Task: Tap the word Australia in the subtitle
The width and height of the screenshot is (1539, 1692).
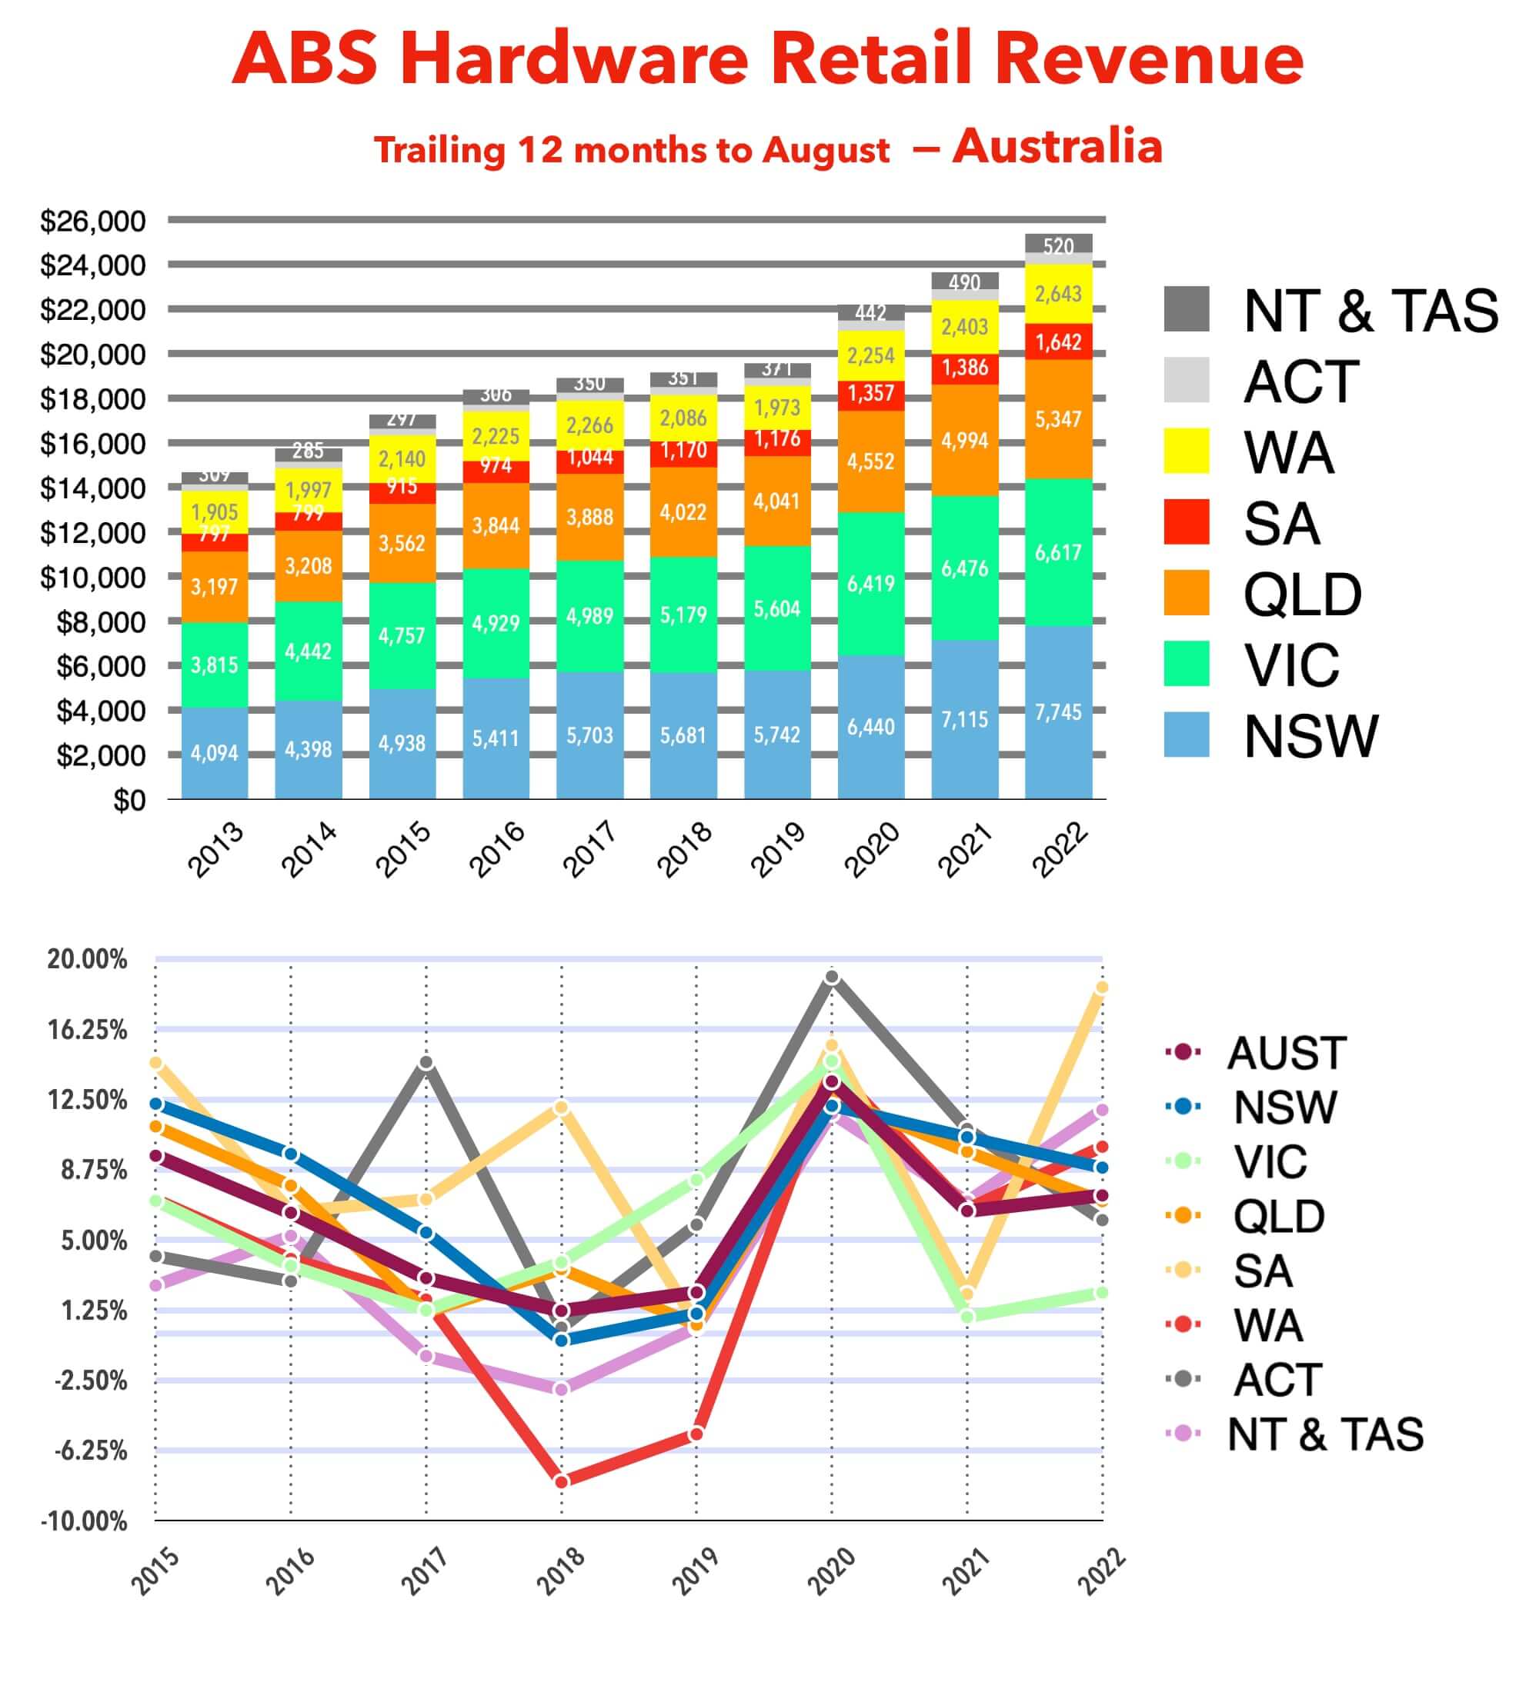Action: pyautogui.click(x=1057, y=146)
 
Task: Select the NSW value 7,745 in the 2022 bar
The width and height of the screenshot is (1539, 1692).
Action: pyautogui.click(x=1058, y=712)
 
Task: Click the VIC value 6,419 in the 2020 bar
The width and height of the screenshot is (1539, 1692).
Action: pyautogui.click(x=870, y=583)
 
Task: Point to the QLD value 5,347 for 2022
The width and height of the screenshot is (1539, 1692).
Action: pyautogui.click(x=1058, y=419)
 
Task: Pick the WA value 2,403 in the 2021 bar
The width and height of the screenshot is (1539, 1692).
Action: pyautogui.click(x=964, y=327)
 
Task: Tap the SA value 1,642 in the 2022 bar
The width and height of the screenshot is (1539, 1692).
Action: pyautogui.click(x=1058, y=342)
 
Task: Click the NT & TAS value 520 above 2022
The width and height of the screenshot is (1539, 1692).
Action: pyautogui.click(x=1058, y=246)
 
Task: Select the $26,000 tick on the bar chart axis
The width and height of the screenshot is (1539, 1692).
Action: pyautogui.click(x=92, y=221)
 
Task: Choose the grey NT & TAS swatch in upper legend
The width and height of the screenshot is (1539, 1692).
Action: pyautogui.click(x=1187, y=309)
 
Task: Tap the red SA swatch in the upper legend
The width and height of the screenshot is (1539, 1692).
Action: pyautogui.click(x=1187, y=522)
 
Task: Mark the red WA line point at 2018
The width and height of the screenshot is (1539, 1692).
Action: pyautogui.click(x=562, y=1481)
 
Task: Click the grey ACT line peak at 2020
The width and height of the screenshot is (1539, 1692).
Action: pyautogui.click(x=831, y=977)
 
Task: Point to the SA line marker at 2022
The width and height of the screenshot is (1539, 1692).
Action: pyautogui.click(x=1102, y=988)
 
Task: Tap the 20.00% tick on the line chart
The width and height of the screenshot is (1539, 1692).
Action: pyautogui.click(x=86, y=959)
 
